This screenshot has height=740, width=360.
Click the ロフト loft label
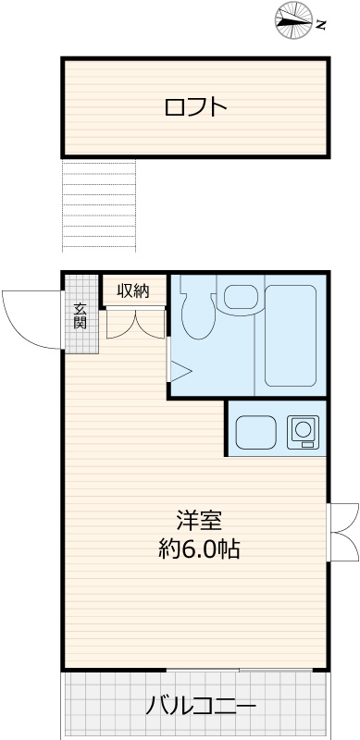coord(195,107)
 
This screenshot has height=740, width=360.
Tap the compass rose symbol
coord(294,20)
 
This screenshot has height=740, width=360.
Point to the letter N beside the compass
coord(322,25)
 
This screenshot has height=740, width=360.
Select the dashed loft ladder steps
coord(99,205)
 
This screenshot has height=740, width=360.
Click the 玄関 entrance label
coord(81,317)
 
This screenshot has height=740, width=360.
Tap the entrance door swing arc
coord(19,330)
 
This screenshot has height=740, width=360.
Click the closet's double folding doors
coord(135,323)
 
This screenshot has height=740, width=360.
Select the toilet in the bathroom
coord(198,314)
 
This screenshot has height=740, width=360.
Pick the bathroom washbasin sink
coord(240,297)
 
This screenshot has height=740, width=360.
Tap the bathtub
coord(290,336)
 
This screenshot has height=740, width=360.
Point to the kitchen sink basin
coord(255,432)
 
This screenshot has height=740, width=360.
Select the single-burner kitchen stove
coord(303,431)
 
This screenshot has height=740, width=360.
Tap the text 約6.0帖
coord(199,549)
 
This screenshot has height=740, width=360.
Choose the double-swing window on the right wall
coord(342,533)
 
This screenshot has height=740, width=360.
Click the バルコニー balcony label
coord(201,707)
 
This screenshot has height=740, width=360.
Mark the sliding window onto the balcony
coord(239,670)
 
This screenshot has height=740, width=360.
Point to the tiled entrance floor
coord(81,314)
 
